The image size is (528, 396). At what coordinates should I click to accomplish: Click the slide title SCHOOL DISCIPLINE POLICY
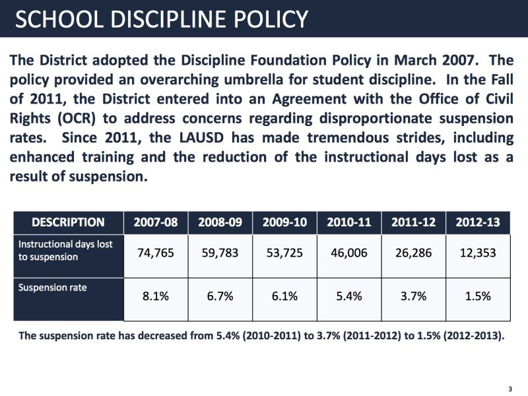point(161,19)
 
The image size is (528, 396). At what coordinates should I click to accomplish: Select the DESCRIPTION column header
point(68,222)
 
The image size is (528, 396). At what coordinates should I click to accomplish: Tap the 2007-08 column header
point(156,222)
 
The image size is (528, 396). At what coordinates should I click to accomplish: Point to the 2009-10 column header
point(284,222)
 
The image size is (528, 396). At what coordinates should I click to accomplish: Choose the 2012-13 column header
point(478,222)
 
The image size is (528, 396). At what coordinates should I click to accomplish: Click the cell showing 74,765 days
point(156,253)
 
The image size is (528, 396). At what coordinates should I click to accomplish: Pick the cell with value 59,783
point(220,253)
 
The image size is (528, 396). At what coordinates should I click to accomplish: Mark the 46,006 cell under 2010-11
point(348,253)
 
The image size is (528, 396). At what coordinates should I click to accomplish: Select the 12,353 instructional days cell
point(478,253)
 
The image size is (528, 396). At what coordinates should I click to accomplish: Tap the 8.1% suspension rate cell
point(156,296)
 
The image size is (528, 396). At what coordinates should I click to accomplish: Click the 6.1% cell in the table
point(284,296)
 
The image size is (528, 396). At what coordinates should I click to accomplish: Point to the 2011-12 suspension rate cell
point(413,296)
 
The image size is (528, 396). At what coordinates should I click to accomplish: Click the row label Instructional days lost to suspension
point(65,250)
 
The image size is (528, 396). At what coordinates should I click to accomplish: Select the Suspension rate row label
point(52,288)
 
